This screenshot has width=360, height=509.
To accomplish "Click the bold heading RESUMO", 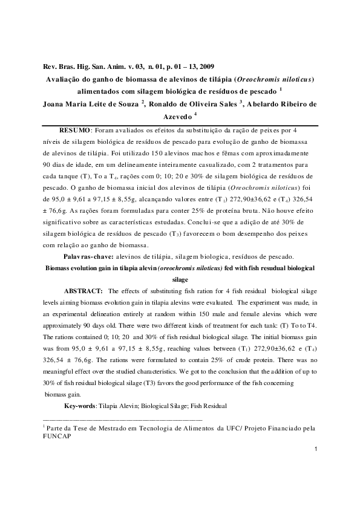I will pos(74,130).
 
